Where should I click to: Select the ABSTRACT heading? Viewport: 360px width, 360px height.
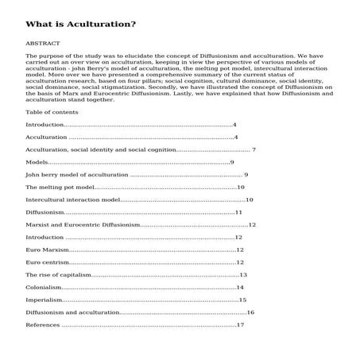41,43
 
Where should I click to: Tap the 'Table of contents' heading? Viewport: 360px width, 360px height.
52,112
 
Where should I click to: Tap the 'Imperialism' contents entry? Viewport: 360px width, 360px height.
44,300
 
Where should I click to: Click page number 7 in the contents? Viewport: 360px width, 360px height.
253,149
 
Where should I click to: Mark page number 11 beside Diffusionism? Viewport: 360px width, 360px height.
238,212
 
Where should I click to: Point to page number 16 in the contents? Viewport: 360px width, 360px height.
250,312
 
